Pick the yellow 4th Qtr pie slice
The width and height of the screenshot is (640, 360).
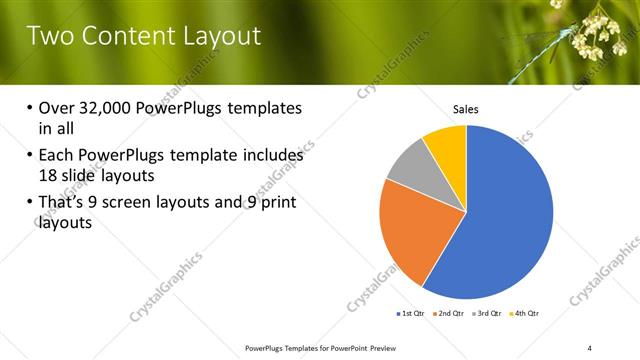click(x=446, y=144)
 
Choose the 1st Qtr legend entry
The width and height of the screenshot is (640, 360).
click(x=410, y=314)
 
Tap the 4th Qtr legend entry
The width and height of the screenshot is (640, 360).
click(x=527, y=314)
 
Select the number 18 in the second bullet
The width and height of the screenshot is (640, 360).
click(x=48, y=174)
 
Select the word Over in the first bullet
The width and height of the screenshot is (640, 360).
click(x=56, y=108)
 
